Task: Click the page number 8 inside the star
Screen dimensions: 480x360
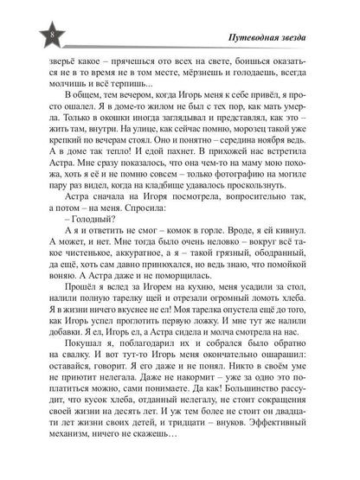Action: tap(29, 35)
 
